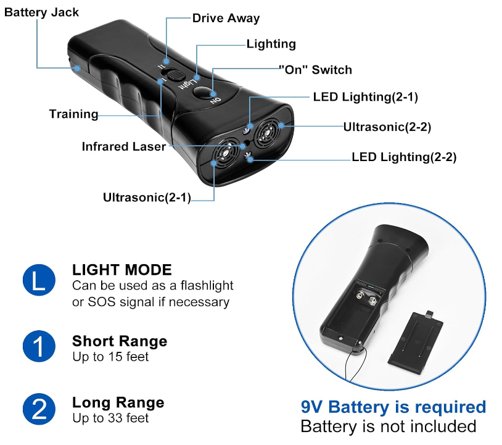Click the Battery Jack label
coord(42,12)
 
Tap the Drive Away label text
coord(226,18)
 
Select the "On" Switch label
coord(315,70)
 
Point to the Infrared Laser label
coord(123,146)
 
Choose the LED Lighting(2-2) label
coord(404,157)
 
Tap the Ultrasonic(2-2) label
coord(387,127)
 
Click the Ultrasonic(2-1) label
coord(147,198)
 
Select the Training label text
coord(73,114)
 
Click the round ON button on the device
coord(203,93)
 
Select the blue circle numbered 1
coord(39,346)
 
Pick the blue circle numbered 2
coord(39,409)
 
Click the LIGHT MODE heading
coord(122,270)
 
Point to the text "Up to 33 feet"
coord(110,418)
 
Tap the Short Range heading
coord(120,341)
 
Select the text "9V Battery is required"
coord(393,407)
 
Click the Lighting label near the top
coord(271,44)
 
